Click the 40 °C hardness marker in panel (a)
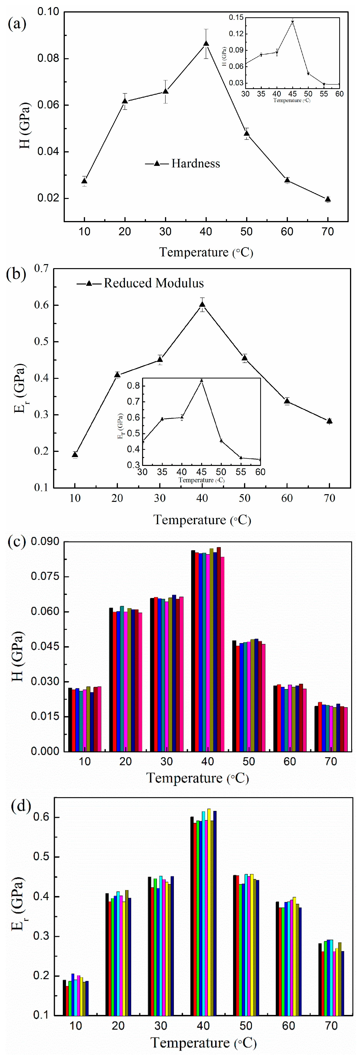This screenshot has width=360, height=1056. coord(206,43)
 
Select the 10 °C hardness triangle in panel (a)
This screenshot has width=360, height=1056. coord(84,181)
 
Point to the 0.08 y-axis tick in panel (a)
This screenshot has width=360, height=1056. coord(48,58)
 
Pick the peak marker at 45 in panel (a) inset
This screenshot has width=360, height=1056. coord(292,22)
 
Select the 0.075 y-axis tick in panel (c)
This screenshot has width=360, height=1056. coord(45,576)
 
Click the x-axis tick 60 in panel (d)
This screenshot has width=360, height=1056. coord(288,1026)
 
